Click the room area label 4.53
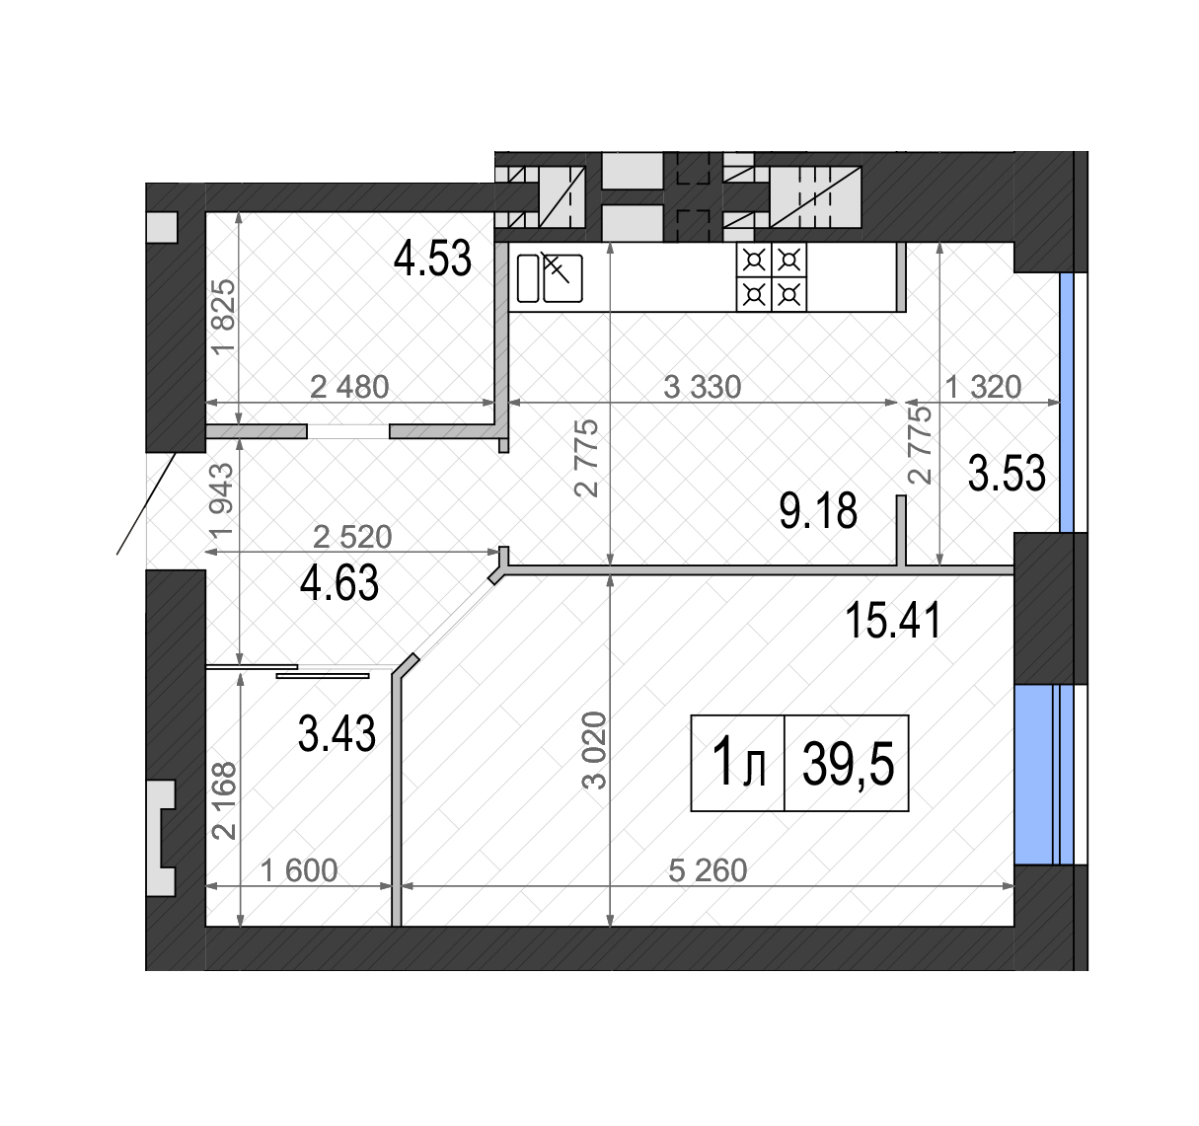pyautogui.click(x=432, y=259)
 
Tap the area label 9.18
pyautogui.click(x=818, y=511)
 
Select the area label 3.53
pyautogui.click(x=1007, y=473)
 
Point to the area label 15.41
pyautogui.click(x=893, y=621)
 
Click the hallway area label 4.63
pyautogui.click(x=339, y=582)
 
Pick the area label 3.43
pyautogui.click(x=337, y=733)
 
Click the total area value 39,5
pyautogui.click(x=848, y=765)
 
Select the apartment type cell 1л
pyautogui.click(x=738, y=763)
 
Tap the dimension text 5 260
pyautogui.click(x=708, y=870)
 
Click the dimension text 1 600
pyautogui.click(x=299, y=870)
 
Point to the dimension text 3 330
pyautogui.click(x=703, y=387)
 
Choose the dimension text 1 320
pyautogui.click(x=984, y=387)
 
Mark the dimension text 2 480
pyautogui.click(x=349, y=387)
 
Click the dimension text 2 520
pyautogui.click(x=352, y=536)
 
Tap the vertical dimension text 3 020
pyautogui.click(x=594, y=750)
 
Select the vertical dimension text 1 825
pyautogui.click(x=223, y=317)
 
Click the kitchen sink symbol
pyautogui.click(x=550, y=277)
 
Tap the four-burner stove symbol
pyautogui.click(x=772, y=277)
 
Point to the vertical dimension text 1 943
pyautogui.click(x=219, y=501)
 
